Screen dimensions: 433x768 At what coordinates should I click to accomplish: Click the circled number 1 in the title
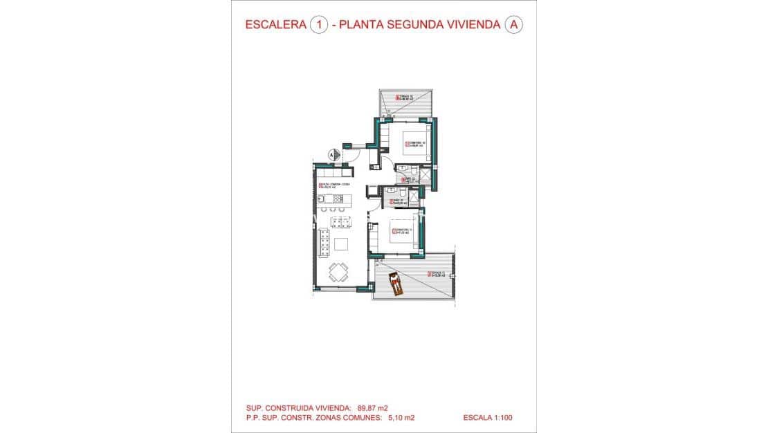point(319,26)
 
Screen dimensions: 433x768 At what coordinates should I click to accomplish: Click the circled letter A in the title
point(513,26)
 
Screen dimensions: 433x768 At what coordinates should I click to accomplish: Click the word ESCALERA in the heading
point(276,26)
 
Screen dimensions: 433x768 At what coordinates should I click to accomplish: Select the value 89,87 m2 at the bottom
point(377,407)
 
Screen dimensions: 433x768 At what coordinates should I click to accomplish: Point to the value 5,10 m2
point(401,418)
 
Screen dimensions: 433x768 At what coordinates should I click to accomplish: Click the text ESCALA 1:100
point(488,418)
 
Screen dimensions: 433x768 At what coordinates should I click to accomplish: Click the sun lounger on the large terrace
point(396,284)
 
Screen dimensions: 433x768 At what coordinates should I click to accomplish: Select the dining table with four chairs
point(338,271)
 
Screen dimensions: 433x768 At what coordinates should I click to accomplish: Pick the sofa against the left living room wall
point(324,243)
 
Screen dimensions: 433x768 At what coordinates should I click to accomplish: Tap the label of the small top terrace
point(405,98)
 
